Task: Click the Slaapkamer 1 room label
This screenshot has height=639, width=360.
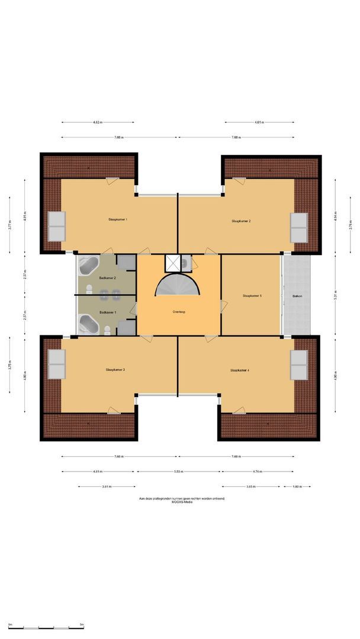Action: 118,219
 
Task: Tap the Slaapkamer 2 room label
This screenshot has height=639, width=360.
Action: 241,221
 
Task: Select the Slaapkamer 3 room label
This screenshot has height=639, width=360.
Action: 115,369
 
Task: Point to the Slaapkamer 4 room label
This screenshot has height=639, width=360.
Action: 240,370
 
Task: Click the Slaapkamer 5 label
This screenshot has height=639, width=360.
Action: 252,295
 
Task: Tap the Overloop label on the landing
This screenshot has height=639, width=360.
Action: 179,311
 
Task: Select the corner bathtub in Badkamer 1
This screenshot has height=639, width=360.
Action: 89,324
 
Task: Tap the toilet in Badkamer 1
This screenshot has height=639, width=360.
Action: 107,330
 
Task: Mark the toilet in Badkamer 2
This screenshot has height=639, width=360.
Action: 89,289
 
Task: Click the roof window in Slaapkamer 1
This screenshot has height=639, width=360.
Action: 57,226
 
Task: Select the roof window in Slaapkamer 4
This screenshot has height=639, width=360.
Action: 298,364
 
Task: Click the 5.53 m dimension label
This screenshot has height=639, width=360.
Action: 179,472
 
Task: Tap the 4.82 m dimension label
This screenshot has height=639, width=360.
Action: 98,122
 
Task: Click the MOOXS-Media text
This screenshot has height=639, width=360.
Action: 181,502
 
